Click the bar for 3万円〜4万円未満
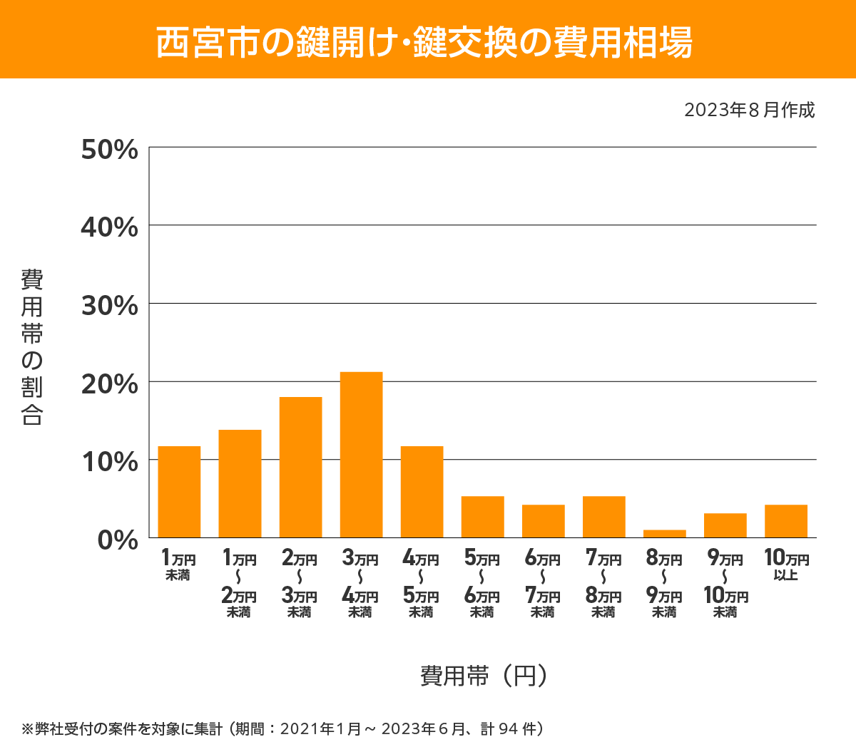(361, 455)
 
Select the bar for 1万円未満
(179, 492)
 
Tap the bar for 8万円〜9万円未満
(665, 533)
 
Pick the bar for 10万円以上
(786, 521)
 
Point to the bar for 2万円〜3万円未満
(300, 467)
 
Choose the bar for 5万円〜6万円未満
(483, 517)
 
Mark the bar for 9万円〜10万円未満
(725, 525)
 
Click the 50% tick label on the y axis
(110, 150)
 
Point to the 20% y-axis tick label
(110, 384)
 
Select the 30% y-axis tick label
(110, 306)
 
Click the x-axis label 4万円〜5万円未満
(421, 584)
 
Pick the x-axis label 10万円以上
(786, 565)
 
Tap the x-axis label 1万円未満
(178, 565)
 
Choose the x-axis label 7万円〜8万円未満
(603, 584)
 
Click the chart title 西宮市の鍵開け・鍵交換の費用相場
(424, 42)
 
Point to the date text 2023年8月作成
(749, 110)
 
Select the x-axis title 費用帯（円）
(484, 675)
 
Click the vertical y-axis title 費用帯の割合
(32, 347)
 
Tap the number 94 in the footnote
(508, 728)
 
